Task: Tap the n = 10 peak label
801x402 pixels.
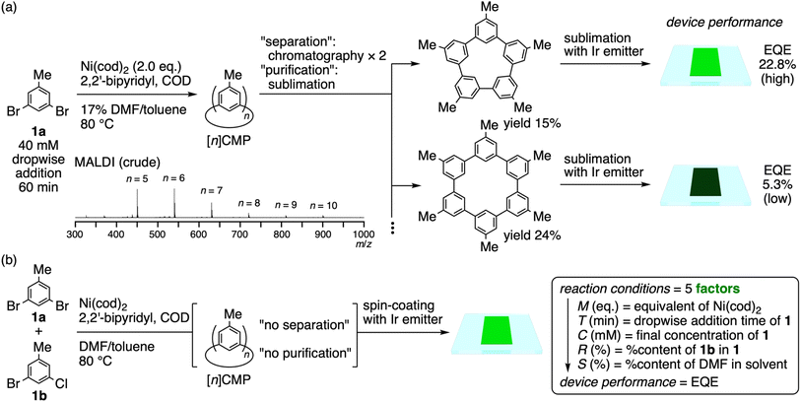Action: [x=324, y=206]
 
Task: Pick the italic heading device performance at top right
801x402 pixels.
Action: [x=736, y=22]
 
